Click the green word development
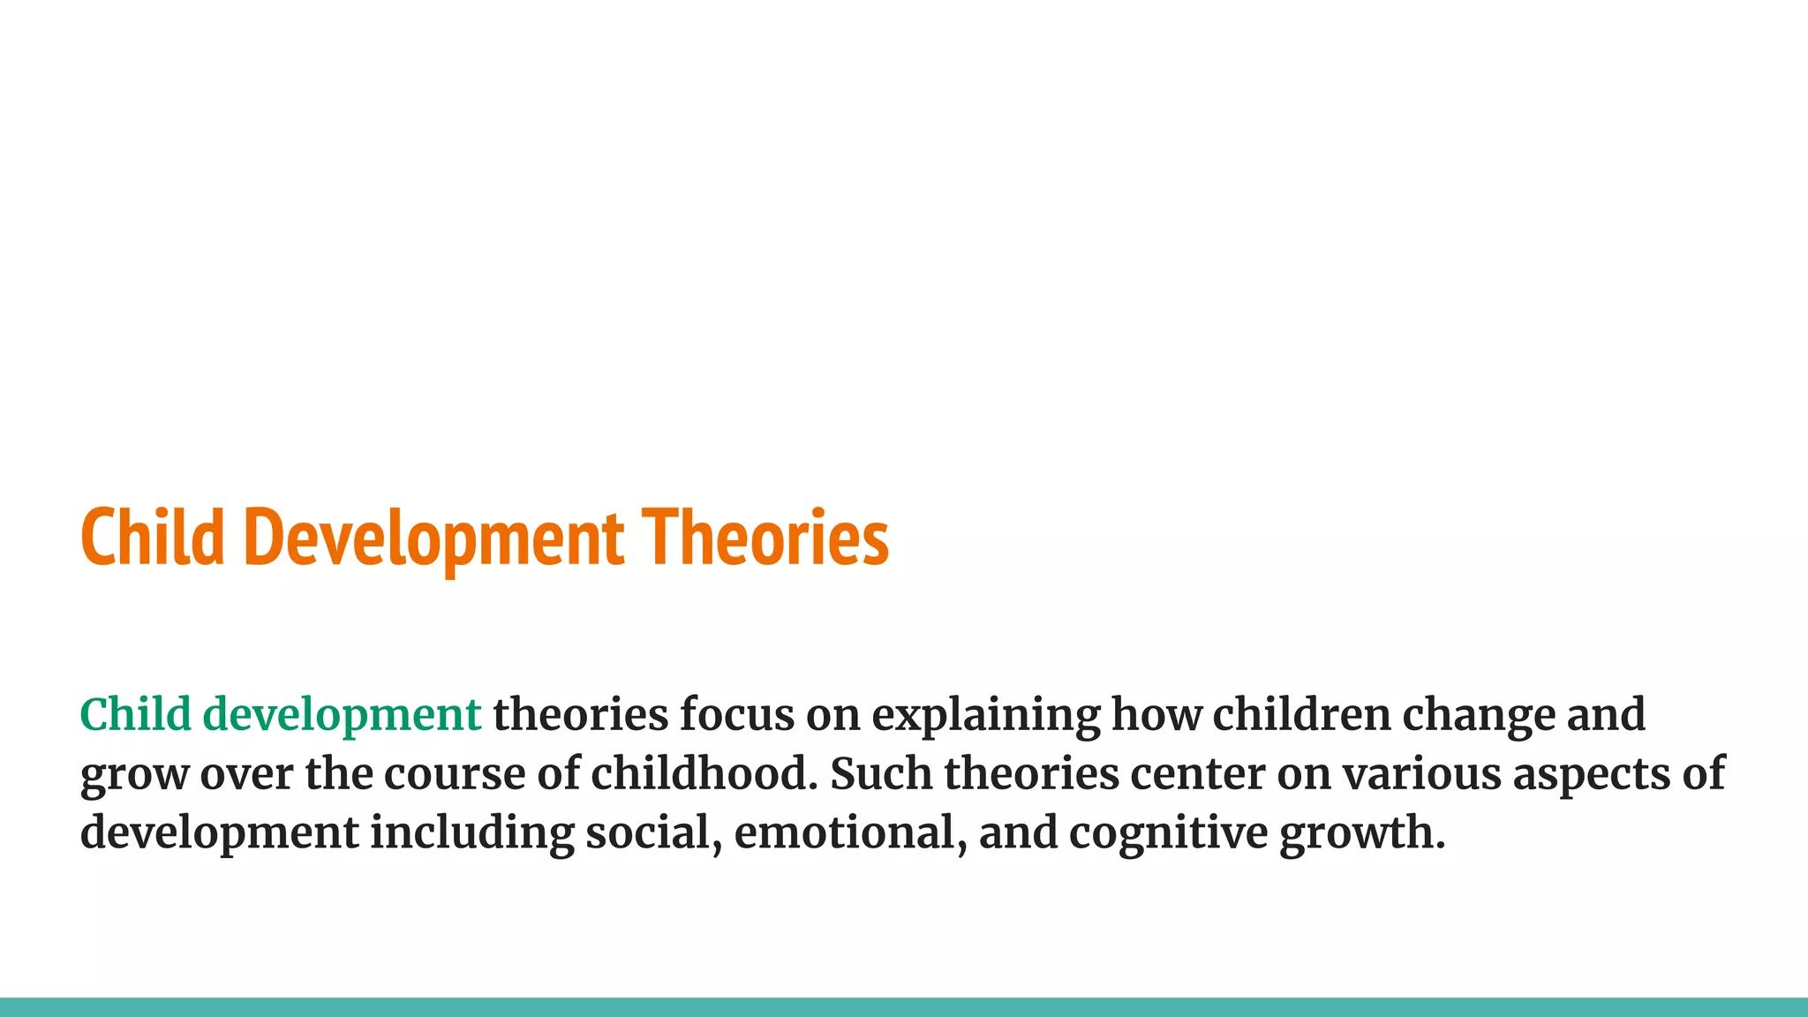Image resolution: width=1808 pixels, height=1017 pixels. (342, 714)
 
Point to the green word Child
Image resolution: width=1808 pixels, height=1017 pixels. (135, 714)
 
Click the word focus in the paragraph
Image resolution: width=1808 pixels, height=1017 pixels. (736, 714)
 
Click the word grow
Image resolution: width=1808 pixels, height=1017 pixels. (134, 775)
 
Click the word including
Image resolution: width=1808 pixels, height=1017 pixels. (471, 833)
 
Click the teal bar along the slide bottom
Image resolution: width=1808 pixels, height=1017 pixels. (904, 1007)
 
